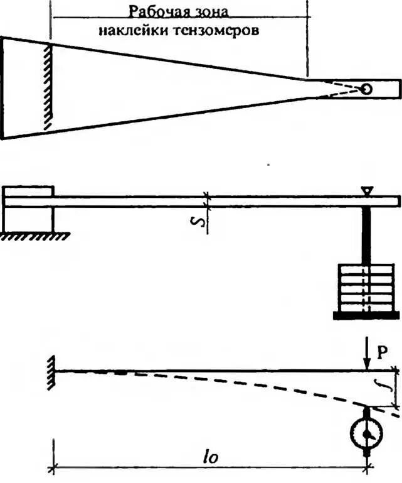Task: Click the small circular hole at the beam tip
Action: click(366, 89)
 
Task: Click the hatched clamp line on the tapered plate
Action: click(47, 87)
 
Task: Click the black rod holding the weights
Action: click(366, 236)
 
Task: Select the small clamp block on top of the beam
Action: click(29, 191)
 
